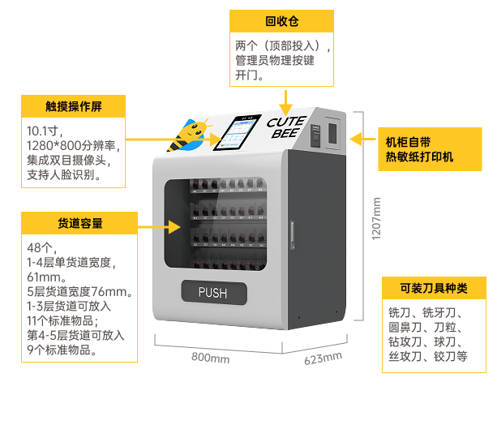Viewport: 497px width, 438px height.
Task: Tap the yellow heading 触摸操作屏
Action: (x=74, y=106)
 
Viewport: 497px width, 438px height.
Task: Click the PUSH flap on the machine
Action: (x=212, y=292)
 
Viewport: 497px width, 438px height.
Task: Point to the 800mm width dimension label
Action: (x=210, y=358)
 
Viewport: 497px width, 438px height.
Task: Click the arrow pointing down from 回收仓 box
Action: (x=285, y=101)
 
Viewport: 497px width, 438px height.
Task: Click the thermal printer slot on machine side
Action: (x=332, y=132)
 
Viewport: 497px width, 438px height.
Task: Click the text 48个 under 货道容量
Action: (x=41, y=247)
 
